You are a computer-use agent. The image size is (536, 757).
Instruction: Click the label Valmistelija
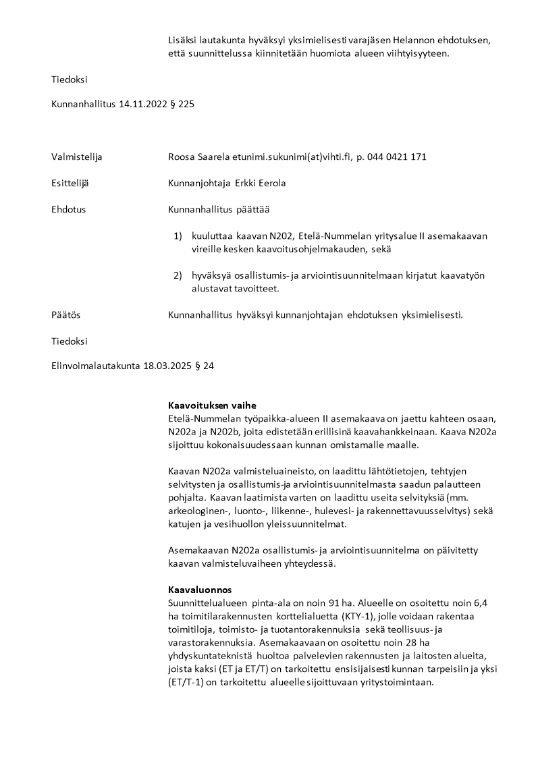tap(76, 157)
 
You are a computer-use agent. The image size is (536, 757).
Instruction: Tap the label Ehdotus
tap(68, 210)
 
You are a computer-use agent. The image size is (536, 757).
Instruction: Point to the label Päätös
tap(65, 314)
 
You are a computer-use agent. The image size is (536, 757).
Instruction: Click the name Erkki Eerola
tap(261, 184)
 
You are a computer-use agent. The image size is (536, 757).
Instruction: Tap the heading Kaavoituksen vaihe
tap(211, 405)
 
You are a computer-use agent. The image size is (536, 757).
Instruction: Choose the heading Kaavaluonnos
tap(199, 590)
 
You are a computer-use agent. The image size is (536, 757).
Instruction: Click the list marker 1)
tap(178, 236)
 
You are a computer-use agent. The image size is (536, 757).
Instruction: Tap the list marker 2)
tap(178, 276)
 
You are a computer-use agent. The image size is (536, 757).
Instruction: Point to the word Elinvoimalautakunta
tap(95, 366)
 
